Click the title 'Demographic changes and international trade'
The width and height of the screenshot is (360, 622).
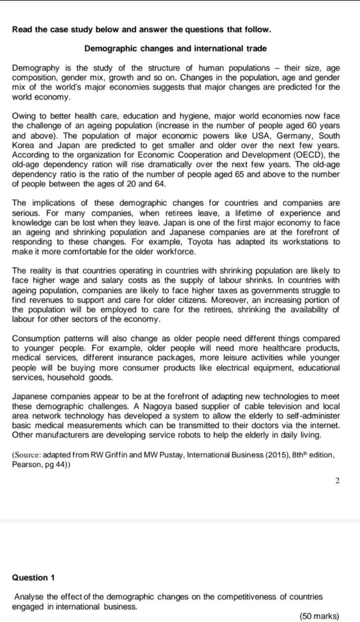[x=175, y=49]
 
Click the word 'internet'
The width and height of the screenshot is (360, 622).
[x=325, y=426]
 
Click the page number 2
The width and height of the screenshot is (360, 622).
[x=337, y=481]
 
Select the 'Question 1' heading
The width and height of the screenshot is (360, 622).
[x=33, y=578]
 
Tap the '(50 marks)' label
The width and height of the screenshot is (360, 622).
[x=319, y=616]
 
